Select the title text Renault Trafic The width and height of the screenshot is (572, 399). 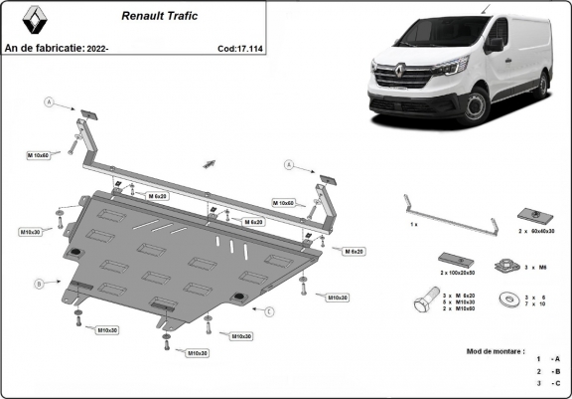[160, 17]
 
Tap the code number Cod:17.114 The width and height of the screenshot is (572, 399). [241, 47]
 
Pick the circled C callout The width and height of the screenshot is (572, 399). [268, 310]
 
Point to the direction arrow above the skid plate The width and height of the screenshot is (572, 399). [210, 160]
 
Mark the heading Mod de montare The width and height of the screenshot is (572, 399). [495, 350]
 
